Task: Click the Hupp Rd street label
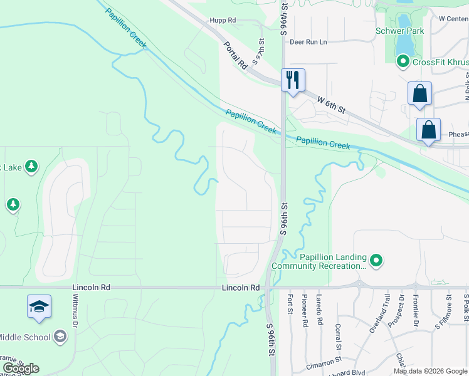tap(223, 21)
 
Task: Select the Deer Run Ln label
tap(308, 42)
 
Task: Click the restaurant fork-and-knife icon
tap(293, 80)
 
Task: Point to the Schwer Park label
tap(400, 31)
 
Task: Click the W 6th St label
tap(331, 105)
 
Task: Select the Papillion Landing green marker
tap(376, 260)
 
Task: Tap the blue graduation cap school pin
tap(39, 307)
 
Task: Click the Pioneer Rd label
tap(305, 310)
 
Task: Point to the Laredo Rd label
tap(320, 310)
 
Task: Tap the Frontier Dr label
tap(416, 310)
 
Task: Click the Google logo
tap(21, 368)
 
